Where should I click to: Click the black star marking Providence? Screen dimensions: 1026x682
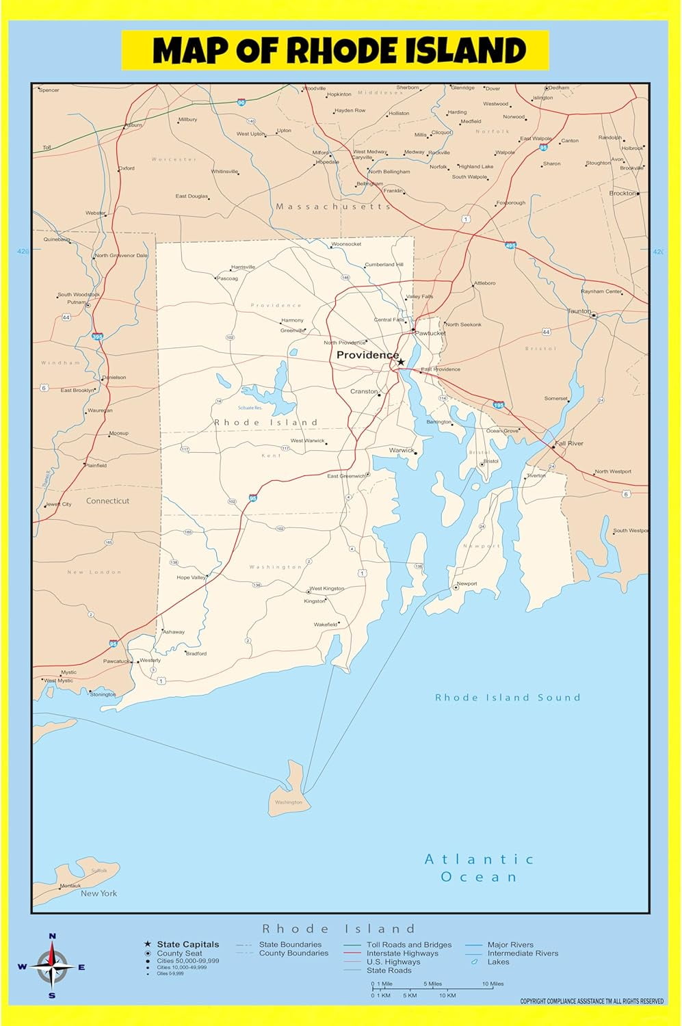coord(401,362)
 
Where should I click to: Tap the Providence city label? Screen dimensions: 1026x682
coord(367,355)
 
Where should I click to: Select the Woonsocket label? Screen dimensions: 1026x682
coord(346,244)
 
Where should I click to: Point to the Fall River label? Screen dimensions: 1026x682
coord(569,443)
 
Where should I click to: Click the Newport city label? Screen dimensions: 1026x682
coord(467,583)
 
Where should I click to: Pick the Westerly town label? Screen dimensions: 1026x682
coord(150,660)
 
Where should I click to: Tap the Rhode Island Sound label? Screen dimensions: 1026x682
coord(508,698)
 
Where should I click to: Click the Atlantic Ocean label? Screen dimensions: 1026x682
coord(479,868)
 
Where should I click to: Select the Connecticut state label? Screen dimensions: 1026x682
coord(107,501)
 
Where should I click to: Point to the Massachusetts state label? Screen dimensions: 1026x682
coord(333,206)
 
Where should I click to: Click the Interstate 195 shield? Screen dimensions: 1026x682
coord(499,406)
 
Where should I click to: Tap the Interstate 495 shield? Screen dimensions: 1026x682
coord(510,245)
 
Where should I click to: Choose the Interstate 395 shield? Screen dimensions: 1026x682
coord(97,337)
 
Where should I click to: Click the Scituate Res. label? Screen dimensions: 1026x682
coord(250,408)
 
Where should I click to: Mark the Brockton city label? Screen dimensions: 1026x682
coord(622,194)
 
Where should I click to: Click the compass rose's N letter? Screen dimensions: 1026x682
coord(53,936)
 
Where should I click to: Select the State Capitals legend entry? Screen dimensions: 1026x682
coord(187,944)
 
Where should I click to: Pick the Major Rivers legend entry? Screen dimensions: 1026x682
coord(510,945)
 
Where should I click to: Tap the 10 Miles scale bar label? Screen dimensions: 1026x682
coord(493,984)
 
